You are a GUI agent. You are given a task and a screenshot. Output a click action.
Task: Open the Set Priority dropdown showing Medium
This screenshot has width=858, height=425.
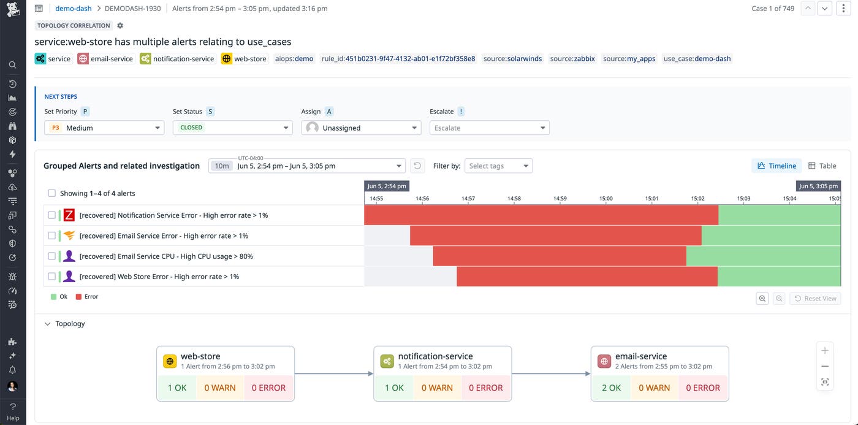click(x=104, y=128)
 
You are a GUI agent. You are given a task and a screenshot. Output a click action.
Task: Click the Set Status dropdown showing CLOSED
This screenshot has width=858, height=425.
click(x=232, y=128)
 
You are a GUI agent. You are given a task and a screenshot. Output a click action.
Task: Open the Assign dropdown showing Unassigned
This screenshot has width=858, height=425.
click(x=361, y=128)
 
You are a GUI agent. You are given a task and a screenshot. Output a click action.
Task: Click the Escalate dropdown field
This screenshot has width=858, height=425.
click(x=489, y=128)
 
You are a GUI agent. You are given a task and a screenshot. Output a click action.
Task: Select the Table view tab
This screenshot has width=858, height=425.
click(x=822, y=166)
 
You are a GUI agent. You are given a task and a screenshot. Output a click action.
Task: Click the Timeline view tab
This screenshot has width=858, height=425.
click(x=776, y=166)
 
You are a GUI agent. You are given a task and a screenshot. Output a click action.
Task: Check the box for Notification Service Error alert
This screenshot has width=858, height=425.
click(x=52, y=215)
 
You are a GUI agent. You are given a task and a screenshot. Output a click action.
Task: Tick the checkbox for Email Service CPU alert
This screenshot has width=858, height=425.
click(x=52, y=256)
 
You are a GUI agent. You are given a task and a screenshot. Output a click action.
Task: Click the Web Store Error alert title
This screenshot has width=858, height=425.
click(x=159, y=277)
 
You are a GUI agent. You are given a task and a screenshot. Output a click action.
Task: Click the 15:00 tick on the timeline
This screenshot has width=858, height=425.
click(x=606, y=198)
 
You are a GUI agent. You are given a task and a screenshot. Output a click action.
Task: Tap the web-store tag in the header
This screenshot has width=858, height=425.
click(x=244, y=59)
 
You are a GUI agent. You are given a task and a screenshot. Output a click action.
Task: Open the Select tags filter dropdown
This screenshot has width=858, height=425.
click(x=499, y=166)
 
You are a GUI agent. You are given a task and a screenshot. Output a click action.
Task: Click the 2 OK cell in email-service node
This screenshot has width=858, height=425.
click(x=611, y=388)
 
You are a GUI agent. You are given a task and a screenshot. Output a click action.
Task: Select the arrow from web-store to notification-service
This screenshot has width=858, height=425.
click(x=334, y=373)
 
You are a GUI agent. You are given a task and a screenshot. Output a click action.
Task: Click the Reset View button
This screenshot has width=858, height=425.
click(x=815, y=298)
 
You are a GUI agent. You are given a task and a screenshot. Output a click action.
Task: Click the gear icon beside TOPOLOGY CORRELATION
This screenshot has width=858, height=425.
click(x=120, y=26)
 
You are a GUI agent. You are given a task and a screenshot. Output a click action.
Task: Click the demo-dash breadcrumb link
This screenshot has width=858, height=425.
click(x=74, y=9)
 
